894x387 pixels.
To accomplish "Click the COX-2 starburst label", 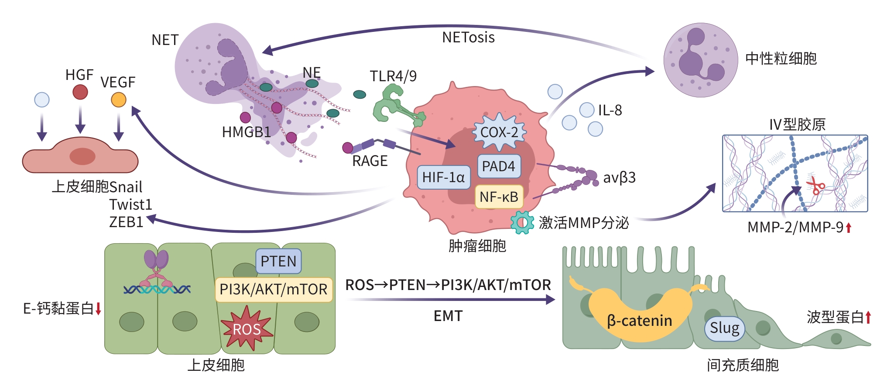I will tap(499, 132).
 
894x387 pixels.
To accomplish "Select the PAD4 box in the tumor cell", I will tap(499, 166).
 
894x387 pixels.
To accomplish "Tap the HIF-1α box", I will tap(443, 177).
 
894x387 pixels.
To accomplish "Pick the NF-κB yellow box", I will tap(499, 197).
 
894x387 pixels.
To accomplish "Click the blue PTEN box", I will tap(278, 261).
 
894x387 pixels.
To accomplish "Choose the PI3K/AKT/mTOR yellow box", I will tap(274, 289).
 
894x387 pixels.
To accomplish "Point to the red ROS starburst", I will tap(247, 328).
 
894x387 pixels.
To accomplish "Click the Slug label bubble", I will tap(724, 328).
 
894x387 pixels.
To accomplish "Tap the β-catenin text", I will tap(639, 321).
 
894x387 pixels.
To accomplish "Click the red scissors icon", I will tap(814, 185).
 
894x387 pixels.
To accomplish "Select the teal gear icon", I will tap(522, 222).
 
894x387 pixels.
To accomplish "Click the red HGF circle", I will tap(80, 92).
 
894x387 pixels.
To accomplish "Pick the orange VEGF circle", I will tap(119, 100).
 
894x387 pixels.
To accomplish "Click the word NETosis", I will tap(468, 38).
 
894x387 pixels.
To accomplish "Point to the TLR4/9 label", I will tap(393, 76).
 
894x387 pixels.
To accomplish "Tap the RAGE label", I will tap(370, 161).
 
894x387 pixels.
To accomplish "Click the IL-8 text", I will tap(610, 111).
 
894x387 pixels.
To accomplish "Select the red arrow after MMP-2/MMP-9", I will tap(849, 228).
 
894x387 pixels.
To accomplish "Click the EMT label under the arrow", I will tap(448, 316).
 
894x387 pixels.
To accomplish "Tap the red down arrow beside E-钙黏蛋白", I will tap(99, 308).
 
